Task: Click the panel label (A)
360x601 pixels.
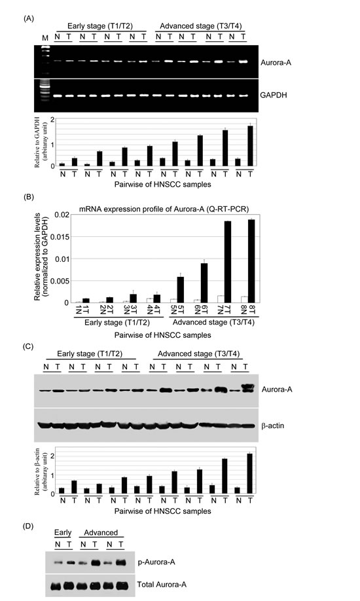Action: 29,18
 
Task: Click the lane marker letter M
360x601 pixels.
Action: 46,38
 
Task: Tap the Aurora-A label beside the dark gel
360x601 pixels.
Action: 276,62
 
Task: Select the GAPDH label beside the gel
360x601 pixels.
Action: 274,95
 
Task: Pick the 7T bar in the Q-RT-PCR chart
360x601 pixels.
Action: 228,262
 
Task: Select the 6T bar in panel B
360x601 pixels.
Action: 204,283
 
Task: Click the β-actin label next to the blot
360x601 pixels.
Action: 272,426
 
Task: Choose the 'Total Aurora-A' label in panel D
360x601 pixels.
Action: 162,585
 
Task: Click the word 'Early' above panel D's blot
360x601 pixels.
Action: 62,532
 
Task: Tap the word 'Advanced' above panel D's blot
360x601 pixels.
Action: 101,533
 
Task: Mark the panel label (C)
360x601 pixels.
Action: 29,346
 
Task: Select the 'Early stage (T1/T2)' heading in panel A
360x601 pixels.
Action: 100,26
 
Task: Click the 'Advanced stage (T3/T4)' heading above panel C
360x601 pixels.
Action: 198,354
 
